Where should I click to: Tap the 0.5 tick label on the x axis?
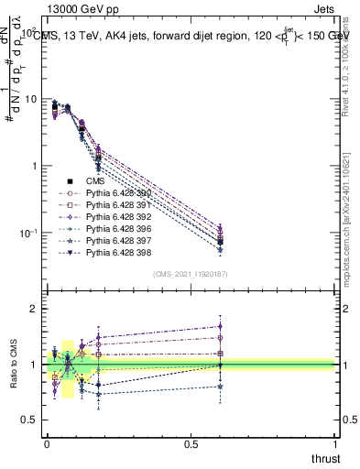pyautogui.click(x=191, y=442)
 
